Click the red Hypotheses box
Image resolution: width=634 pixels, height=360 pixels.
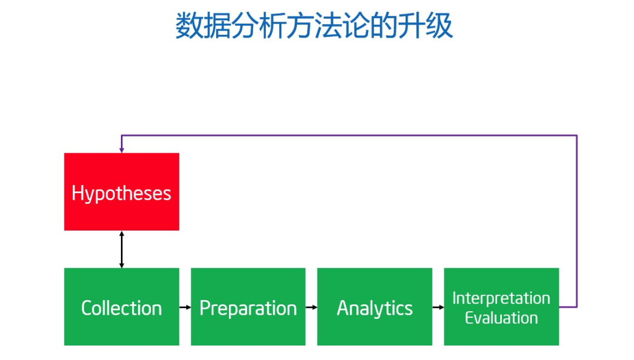pos(122,191)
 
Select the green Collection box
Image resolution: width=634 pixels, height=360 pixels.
pos(122,307)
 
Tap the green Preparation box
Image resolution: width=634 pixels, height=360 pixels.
pos(248,307)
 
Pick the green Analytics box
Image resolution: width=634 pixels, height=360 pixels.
pos(375,307)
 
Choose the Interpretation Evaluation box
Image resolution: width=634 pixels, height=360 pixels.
pos(501,307)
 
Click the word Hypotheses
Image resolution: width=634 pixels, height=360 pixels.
pos(122,194)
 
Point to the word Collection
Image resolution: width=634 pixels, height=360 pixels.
pos(122,308)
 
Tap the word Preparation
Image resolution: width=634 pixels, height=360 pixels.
pos(248,309)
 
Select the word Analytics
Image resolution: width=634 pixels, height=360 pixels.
pos(375,309)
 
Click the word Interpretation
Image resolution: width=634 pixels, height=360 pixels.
pos(501,298)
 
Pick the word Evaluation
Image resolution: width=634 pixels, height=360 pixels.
pos(501,318)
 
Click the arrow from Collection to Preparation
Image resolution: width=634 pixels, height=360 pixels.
pos(185,307)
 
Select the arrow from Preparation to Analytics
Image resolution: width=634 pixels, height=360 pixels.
pos(312,307)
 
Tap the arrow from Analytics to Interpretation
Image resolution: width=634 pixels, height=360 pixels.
pos(439,307)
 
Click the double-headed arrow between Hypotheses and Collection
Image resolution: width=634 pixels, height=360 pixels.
pos(122,250)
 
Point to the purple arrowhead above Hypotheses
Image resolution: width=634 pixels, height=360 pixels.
pos(122,150)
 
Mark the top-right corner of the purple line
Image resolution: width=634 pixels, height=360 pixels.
pos(576,136)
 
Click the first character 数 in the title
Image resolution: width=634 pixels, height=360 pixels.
pos(189,25)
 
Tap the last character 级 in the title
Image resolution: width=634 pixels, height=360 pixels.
pos(440,25)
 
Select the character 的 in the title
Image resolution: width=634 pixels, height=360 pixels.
pos(384,25)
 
